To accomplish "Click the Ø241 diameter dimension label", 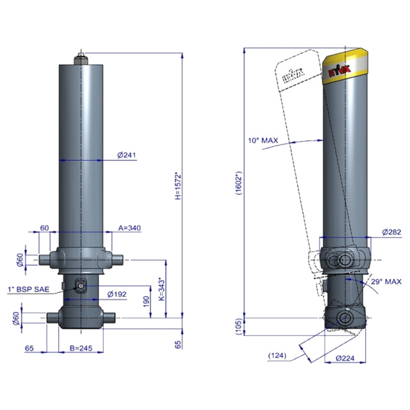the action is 127,155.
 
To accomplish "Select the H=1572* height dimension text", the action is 178,186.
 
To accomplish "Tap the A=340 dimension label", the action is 129,228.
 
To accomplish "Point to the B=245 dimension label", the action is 81,348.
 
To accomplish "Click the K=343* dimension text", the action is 162,290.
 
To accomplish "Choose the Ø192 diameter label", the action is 117,294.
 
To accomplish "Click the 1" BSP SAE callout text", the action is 28,289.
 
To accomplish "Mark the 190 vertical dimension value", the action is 147,302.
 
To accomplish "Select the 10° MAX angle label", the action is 263,140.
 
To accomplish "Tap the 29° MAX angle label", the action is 386,282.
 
